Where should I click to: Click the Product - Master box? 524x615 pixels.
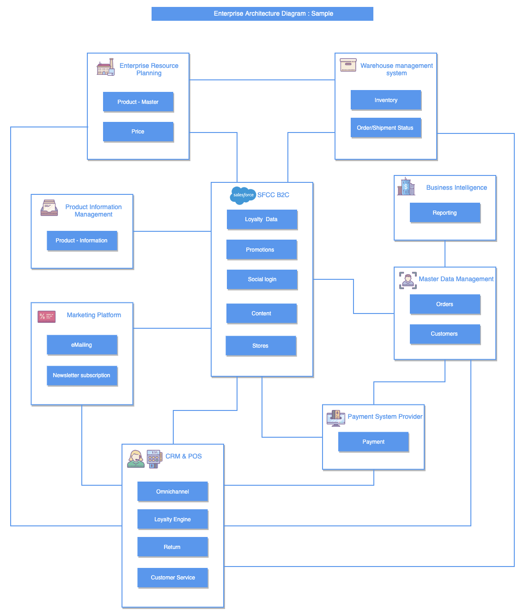138,102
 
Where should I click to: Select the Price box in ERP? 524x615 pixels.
138,132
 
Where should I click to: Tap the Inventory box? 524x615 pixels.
386,100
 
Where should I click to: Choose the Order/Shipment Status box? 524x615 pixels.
386,128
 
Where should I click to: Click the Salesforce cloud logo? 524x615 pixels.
243,195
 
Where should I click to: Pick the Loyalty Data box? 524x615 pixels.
262,219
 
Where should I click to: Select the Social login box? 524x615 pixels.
262,279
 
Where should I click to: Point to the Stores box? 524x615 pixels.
261,346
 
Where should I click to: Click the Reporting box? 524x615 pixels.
445,213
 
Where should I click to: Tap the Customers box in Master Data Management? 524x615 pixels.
445,334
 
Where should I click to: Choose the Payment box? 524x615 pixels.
373,442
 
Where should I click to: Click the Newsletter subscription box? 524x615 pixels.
82,375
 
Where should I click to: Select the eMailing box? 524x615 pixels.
82,345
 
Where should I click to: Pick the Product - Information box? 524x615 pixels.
82,241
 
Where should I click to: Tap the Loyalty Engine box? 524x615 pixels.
172,519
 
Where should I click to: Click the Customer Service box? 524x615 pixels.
172,578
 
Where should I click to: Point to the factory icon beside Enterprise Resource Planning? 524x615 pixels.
105,67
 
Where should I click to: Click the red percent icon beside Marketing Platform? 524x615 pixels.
47,316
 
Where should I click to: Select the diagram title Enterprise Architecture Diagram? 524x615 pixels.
262,14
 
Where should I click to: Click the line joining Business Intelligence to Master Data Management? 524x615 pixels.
445,253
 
